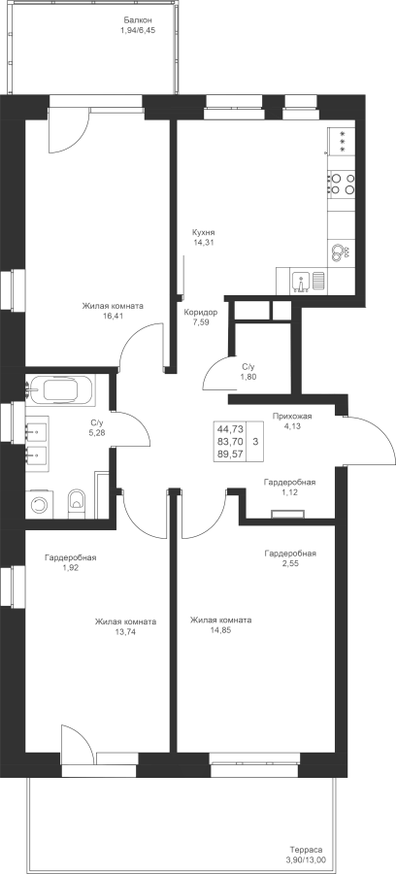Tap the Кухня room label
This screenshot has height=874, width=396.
tap(203, 232)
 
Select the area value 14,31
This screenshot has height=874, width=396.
tap(203, 243)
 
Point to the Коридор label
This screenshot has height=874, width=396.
tap(201, 312)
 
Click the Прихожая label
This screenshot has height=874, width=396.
tap(292, 416)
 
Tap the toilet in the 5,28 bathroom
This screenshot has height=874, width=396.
tap(77, 500)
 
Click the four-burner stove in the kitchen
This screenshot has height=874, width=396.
tap(342, 184)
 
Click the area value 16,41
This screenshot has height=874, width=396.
tap(113, 316)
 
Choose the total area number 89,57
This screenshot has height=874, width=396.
tap(231, 454)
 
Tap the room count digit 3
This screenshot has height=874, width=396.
tap(255, 441)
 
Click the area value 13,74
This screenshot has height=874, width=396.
tap(125, 632)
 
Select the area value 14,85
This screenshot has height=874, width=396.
tap(220, 630)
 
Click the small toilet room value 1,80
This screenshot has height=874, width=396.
tap(248, 376)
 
